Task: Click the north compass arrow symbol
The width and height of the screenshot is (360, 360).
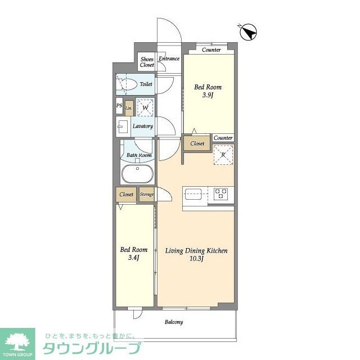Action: click(249, 33)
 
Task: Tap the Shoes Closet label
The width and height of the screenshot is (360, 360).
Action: click(147, 62)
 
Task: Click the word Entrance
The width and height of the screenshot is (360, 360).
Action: click(169, 58)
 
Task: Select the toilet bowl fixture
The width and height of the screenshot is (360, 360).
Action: click(128, 84)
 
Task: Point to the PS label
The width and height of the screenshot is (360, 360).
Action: click(119, 105)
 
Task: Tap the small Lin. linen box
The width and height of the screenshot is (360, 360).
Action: click(129, 107)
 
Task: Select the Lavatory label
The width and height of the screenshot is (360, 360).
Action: click(143, 126)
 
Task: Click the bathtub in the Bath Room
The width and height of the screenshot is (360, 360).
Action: click(136, 174)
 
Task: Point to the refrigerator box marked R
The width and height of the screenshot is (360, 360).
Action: click(223, 155)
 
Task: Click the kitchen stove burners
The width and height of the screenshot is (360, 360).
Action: click(220, 194)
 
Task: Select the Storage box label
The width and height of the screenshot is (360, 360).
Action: click(147, 195)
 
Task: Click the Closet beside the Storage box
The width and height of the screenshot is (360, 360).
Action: click(127, 195)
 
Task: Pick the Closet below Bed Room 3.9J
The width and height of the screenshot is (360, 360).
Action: click(197, 144)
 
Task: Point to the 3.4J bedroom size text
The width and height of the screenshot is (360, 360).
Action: click(134, 258)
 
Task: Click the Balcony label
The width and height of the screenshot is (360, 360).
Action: click(173, 322)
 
